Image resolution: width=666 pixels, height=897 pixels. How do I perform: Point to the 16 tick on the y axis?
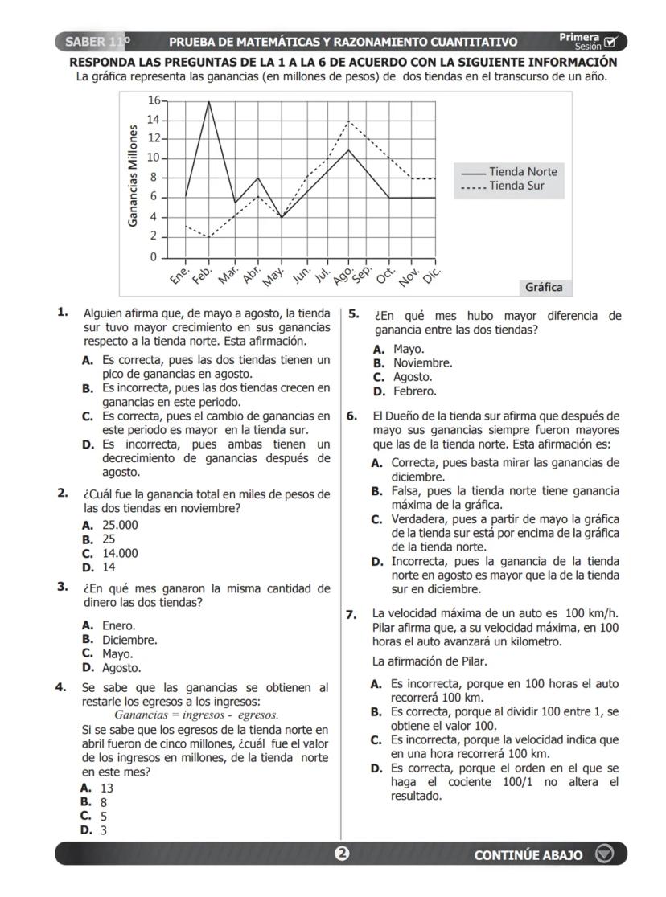pyautogui.click(x=154, y=100)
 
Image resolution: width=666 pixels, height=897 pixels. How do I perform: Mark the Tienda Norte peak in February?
pyautogui.click(x=209, y=101)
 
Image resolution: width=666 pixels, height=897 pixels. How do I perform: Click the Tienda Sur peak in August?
pyautogui.click(x=348, y=121)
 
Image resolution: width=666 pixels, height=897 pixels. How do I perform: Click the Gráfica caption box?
pyautogui.click(x=544, y=287)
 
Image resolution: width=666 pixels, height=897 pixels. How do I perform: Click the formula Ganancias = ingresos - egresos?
pyautogui.click(x=196, y=715)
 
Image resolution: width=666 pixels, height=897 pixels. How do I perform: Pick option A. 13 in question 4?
pyautogui.click(x=98, y=788)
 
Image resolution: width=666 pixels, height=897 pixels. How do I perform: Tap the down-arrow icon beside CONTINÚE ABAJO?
pyautogui.click(x=604, y=854)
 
